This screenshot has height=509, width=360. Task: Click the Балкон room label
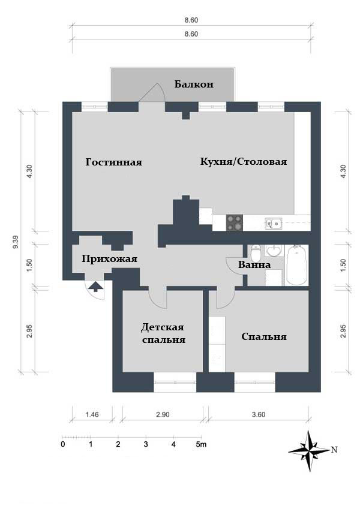click(194, 85)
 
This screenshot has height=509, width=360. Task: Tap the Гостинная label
click(113, 162)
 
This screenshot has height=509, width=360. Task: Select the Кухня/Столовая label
click(243, 162)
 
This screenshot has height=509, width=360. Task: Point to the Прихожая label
click(109, 259)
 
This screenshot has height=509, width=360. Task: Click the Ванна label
click(254, 264)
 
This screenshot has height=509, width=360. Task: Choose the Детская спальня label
click(163, 333)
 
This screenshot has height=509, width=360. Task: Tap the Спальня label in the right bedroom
click(263, 337)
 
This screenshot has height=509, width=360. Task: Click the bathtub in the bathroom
click(297, 264)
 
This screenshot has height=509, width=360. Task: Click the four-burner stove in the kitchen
click(235, 223)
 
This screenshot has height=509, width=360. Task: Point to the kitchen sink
click(274, 224)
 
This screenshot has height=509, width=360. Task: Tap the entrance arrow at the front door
click(94, 288)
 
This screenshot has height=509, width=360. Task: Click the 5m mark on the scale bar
click(202, 445)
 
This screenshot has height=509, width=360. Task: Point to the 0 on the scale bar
click(63, 445)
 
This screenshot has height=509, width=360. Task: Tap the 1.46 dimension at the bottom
click(91, 414)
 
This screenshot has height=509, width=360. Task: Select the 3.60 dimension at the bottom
click(258, 414)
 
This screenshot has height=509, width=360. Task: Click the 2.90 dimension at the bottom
click(162, 414)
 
